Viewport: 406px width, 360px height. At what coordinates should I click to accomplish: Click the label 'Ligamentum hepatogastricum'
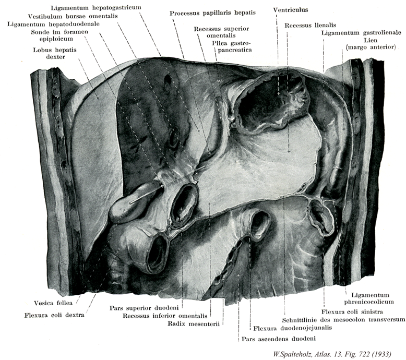(96, 7)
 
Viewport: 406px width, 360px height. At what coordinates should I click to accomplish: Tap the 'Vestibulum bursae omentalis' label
(73, 16)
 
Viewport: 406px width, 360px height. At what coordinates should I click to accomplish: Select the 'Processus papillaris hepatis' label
(212, 13)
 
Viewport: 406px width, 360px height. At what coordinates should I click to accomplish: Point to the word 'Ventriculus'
(291, 10)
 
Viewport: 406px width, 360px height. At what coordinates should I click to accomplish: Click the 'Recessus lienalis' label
(310, 25)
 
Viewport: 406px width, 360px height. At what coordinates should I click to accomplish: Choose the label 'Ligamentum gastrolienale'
(361, 33)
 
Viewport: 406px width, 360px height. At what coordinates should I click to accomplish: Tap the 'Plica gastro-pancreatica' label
(232, 46)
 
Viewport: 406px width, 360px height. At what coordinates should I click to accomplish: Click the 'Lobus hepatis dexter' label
(55, 53)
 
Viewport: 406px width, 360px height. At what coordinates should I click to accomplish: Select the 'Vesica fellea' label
(53, 303)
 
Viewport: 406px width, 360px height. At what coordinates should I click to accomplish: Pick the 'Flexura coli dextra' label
(54, 315)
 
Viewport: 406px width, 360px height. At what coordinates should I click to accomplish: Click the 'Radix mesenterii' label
(194, 323)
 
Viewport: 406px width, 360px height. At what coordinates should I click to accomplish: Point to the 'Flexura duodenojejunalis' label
(292, 328)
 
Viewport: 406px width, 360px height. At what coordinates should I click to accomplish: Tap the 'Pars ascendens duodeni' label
(279, 339)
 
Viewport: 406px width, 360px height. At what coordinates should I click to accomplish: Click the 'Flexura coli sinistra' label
(352, 311)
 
